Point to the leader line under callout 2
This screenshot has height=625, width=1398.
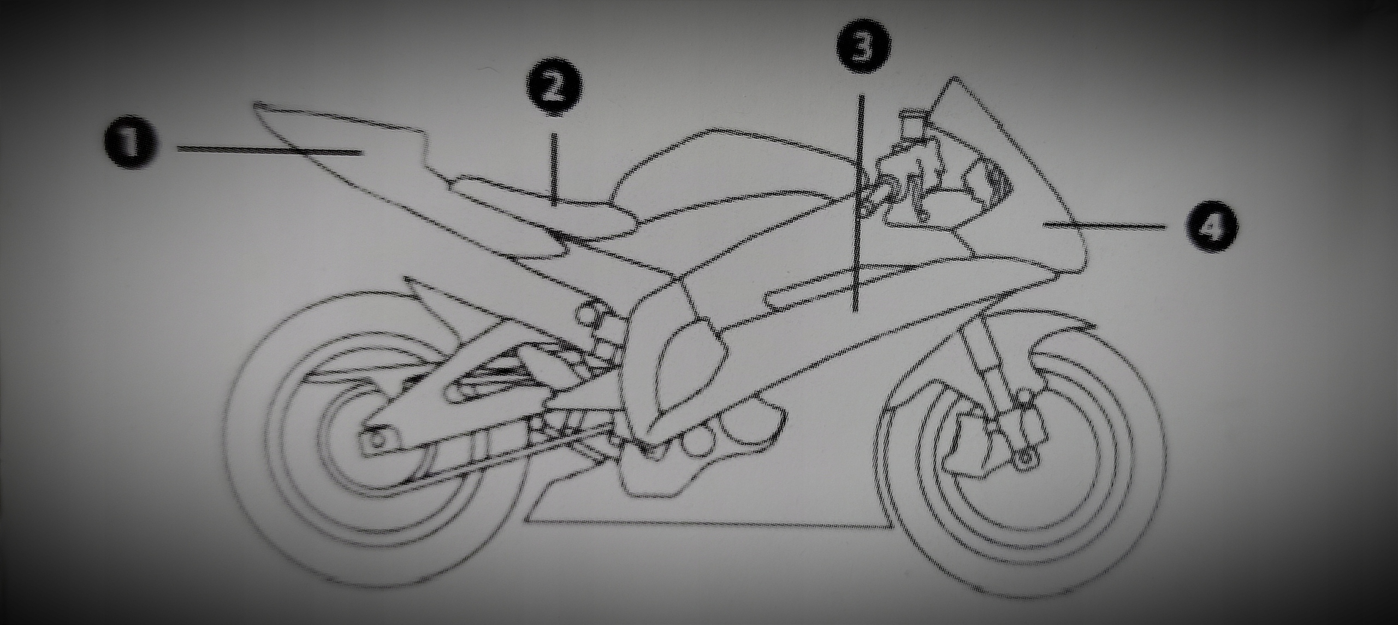(x=555, y=169)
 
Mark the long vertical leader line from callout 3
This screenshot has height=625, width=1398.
(x=858, y=208)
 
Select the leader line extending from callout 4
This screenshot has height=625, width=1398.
(x=1103, y=225)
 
